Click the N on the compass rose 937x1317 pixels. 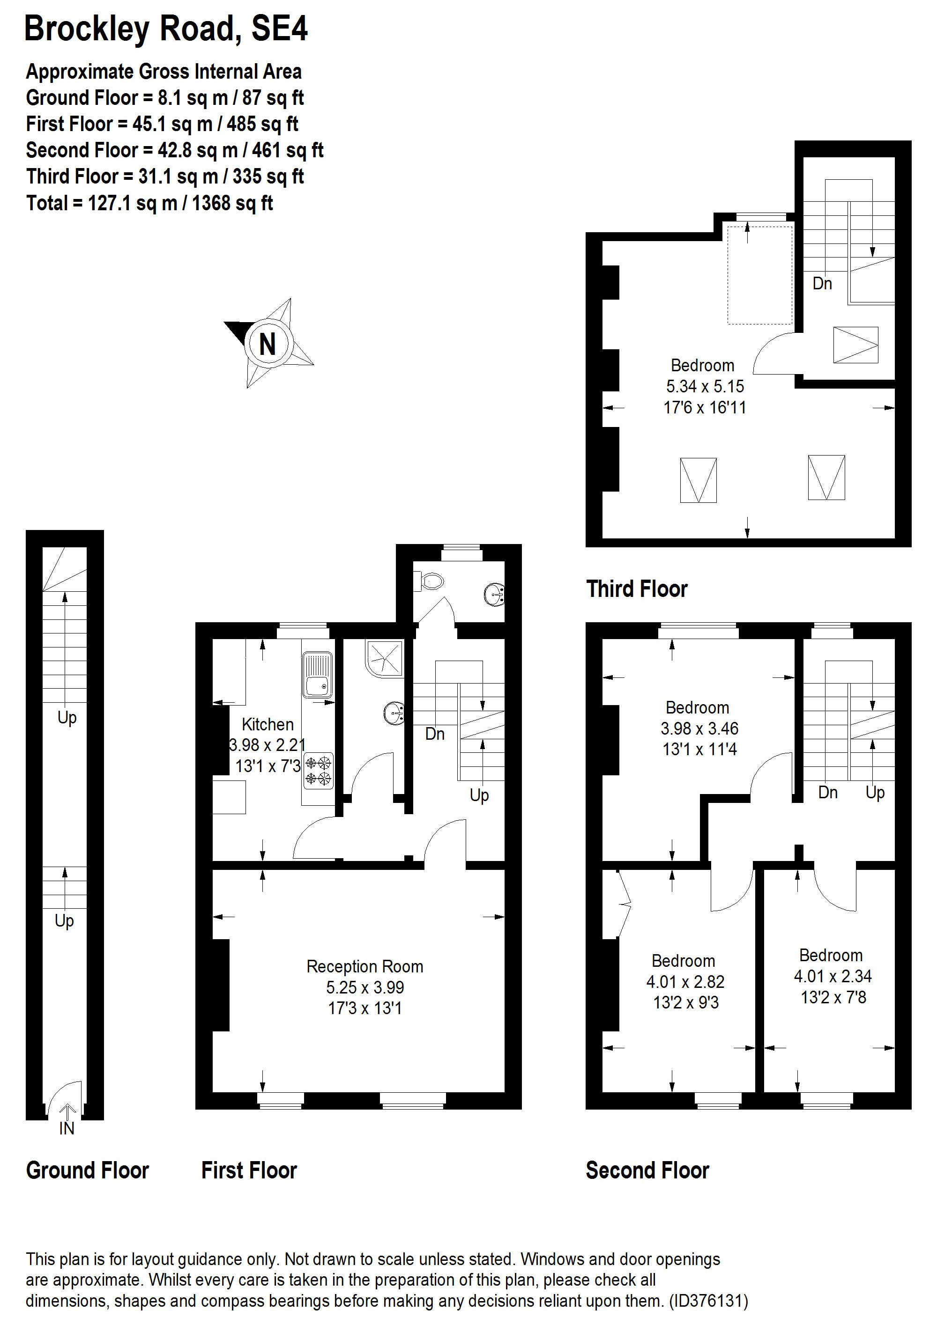click(x=268, y=344)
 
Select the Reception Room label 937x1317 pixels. click(x=364, y=966)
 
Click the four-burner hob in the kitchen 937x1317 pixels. click(x=319, y=771)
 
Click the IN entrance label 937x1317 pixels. click(x=67, y=1128)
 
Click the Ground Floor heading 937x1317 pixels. click(x=88, y=1170)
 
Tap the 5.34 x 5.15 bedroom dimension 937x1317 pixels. click(x=705, y=386)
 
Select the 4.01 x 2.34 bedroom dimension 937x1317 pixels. click(x=833, y=976)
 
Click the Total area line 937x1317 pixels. click(x=149, y=203)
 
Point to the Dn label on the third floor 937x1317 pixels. click(x=822, y=283)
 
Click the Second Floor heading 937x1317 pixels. click(x=647, y=1170)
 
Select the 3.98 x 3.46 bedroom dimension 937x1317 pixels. click(x=699, y=728)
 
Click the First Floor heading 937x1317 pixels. click(x=249, y=1170)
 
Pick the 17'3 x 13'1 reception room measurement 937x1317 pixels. click(x=364, y=1008)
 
